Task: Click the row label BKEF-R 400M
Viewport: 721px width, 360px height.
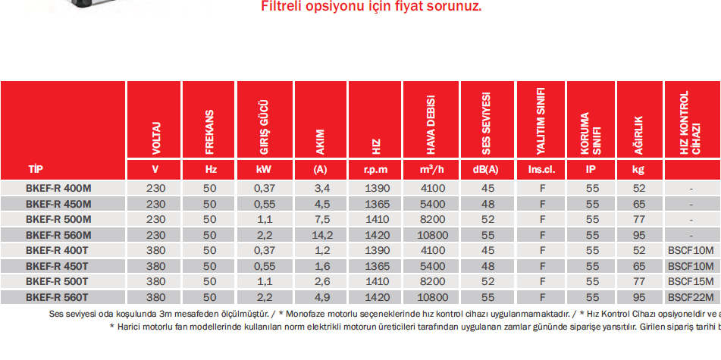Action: (58, 188)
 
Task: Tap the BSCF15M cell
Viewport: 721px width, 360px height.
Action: (691, 281)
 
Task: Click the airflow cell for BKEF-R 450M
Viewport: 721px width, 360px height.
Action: (431, 204)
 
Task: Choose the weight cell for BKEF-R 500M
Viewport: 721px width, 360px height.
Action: (638, 219)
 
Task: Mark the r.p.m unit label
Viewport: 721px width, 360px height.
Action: (376, 170)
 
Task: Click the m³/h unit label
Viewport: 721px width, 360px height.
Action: (431, 170)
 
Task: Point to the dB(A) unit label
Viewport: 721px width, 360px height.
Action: (487, 170)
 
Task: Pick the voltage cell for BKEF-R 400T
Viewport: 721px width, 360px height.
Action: (155, 250)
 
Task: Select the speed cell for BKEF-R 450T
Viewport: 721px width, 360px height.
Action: (376, 265)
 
